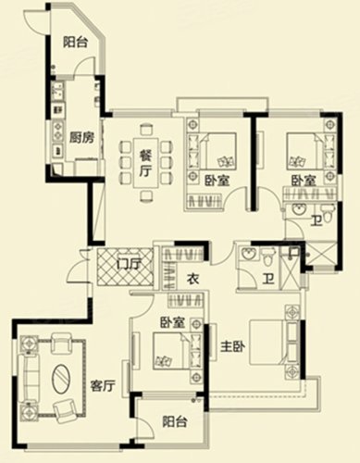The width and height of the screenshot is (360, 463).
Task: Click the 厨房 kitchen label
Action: (81, 137)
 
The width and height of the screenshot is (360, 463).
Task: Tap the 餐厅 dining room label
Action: (146, 164)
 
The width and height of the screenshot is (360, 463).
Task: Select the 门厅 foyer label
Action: (129, 264)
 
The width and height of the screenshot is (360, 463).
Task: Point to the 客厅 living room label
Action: (103, 385)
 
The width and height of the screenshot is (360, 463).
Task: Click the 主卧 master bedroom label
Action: (232, 347)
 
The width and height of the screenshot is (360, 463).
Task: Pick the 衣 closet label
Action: (193, 279)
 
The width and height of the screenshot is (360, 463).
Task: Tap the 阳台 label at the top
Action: (76, 42)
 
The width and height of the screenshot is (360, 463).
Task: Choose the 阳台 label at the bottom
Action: (175, 421)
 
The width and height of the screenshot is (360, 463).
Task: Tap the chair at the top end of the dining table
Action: (146, 130)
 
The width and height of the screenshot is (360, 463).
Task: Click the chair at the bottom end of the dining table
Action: (146, 195)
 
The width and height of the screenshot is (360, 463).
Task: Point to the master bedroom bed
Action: (268, 343)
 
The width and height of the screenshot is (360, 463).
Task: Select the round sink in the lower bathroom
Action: (248, 254)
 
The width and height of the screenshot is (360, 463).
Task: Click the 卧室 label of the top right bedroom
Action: (304, 181)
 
